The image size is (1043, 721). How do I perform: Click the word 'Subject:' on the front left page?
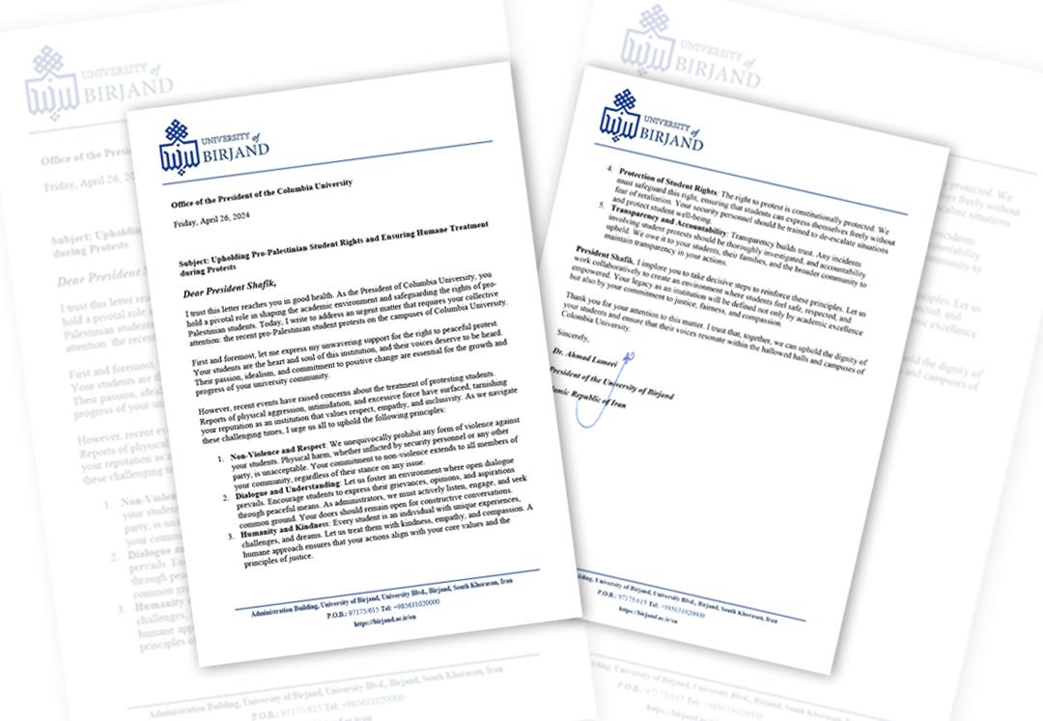[200, 262]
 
